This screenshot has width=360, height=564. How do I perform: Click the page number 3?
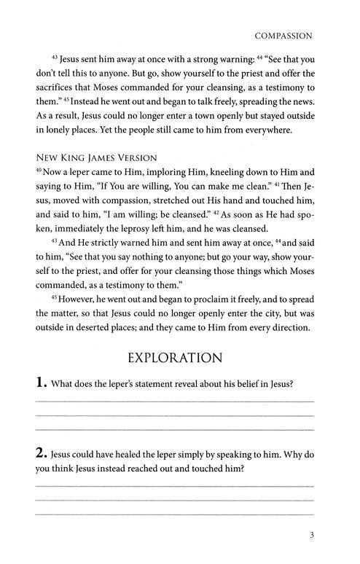click(311, 540)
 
